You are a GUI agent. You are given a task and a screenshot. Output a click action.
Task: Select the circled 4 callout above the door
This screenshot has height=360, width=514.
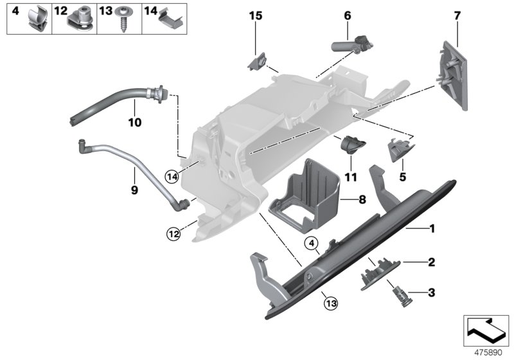pos(310,244)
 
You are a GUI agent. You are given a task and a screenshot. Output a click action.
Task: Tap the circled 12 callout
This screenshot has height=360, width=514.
pos(172,234)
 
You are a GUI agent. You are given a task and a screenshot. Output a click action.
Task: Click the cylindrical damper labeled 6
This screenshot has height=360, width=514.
pos(350,46)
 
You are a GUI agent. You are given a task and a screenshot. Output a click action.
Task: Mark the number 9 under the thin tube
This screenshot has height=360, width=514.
pos(134,190)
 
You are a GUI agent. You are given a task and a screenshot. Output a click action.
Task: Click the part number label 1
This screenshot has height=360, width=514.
pos(432,228)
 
